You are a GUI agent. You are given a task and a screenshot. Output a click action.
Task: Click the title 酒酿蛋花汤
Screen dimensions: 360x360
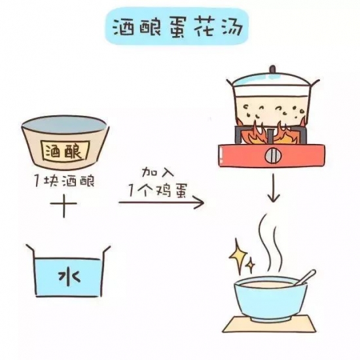click(177, 27)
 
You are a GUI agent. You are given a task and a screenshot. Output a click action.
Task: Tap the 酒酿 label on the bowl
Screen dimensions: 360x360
click(65, 151)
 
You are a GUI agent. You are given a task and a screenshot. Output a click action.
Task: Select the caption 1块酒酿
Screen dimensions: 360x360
click(64, 181)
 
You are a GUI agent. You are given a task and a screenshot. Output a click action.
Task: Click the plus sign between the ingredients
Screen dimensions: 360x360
click(63, 204)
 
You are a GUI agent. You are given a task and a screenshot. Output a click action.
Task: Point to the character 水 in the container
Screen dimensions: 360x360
click(69, 277)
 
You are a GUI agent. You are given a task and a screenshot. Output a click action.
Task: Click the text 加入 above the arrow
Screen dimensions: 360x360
click(158, 172)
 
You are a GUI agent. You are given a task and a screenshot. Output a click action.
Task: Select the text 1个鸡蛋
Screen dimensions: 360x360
click(158, 190)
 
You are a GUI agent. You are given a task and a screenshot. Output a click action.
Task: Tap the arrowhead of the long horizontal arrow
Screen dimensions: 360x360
click(199, 202)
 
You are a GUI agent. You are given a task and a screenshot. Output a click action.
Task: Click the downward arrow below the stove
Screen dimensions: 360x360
click(273, 188)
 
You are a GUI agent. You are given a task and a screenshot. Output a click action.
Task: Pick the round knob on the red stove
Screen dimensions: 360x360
click(272, 156)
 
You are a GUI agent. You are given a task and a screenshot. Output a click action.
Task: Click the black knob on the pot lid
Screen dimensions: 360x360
click(272, 69)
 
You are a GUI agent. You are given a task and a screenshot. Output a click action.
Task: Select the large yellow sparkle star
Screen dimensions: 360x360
click(238, 255)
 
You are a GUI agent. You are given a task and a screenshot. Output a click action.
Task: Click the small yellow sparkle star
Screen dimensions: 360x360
click(251, 264)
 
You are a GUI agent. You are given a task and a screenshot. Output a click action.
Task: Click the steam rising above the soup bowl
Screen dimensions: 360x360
click(272, 244)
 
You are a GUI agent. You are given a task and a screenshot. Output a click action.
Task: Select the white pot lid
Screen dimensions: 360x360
click(273, 82)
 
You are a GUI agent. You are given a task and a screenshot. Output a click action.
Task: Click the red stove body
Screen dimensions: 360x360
click(272, 155)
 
